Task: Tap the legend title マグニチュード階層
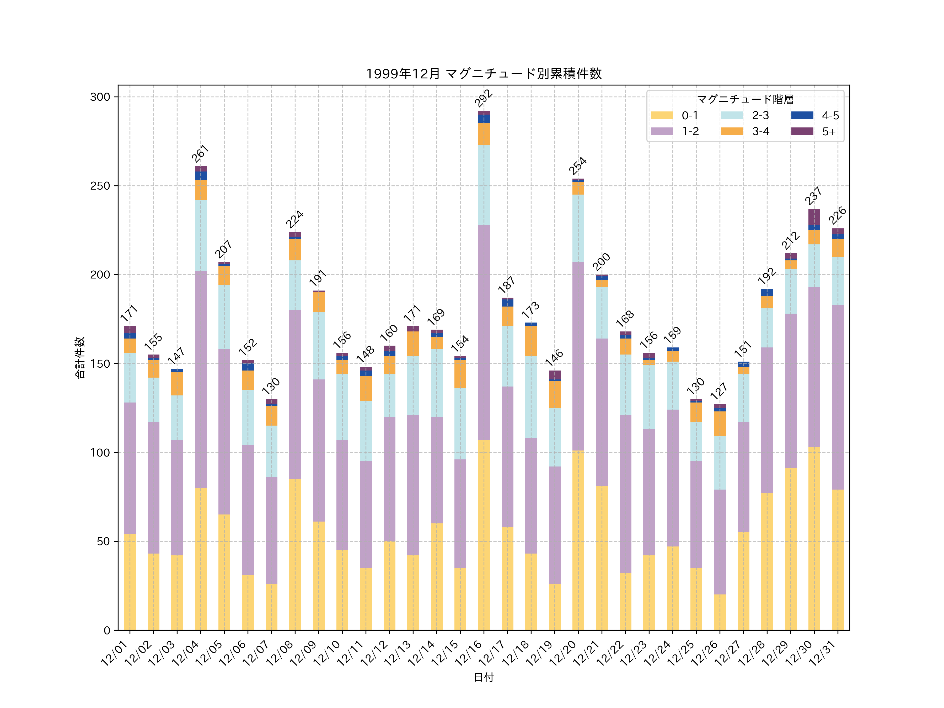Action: click(745, 99)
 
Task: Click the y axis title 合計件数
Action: click(80, 358)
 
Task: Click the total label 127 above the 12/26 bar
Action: click(719, 391)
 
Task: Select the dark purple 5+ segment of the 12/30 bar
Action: click(814, 216)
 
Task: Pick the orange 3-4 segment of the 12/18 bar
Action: click(531, 341)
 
